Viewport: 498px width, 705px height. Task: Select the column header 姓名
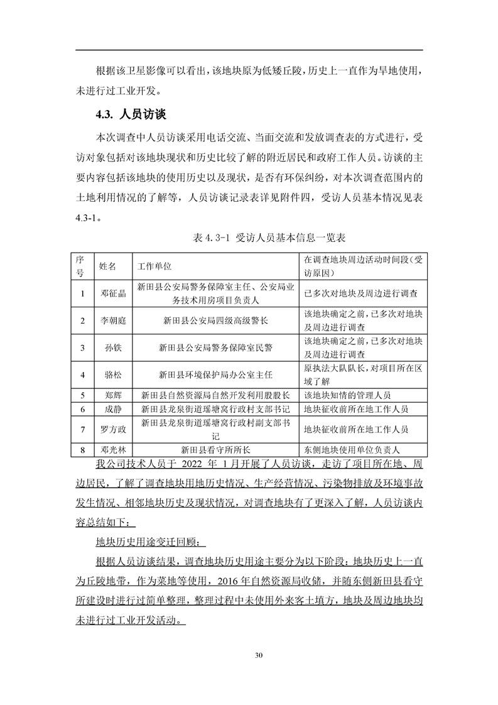click(x=108, y=266)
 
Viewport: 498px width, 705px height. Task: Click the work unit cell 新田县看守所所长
click(x=215, y=450)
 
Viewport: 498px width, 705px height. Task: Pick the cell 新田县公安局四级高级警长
click(x=215, y=320)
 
